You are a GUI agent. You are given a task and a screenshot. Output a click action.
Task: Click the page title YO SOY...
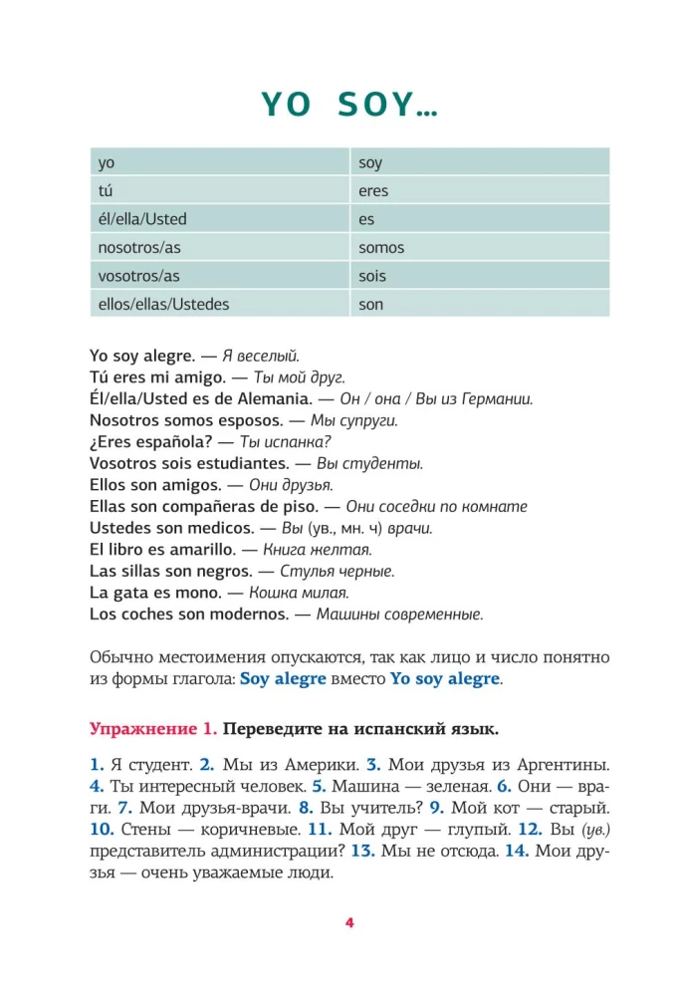click(349, 104)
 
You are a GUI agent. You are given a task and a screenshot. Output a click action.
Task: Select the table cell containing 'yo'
click(218, 162)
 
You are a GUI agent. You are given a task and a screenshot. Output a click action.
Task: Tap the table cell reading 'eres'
click(480, 190)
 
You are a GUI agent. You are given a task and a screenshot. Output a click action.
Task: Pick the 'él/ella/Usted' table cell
click(218, 219)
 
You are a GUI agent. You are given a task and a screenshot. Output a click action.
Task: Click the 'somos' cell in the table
click(480, 247)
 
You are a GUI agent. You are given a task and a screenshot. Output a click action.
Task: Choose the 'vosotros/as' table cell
click(218, 276)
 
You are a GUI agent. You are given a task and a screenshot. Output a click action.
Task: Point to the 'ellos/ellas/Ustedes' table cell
click(218, 304)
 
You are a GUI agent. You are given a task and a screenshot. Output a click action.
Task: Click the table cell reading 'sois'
click(480, 276)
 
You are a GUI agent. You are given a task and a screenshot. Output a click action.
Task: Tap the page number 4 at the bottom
click(349, 922)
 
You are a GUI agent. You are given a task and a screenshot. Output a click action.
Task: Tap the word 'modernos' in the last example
click(239, 614)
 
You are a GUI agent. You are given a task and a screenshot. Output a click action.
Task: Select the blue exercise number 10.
click(102, 829)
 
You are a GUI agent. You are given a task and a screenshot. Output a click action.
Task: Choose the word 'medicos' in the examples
click(213, 528)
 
